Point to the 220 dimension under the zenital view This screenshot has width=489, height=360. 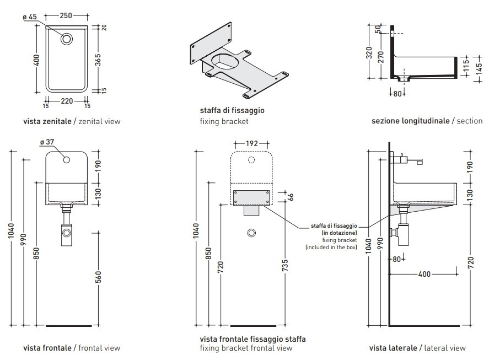[x=67, y=101]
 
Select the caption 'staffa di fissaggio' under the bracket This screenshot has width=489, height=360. [x=232, y=110]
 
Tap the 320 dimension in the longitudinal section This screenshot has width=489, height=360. [x=369, y=53]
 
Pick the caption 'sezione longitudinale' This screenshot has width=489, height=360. [x=410, y=121]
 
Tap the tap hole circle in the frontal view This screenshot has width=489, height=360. [x=67, y=160]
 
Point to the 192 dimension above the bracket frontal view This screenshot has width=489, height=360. [x=251, y=143]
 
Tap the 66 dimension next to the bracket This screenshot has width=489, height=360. [x=292, y=196]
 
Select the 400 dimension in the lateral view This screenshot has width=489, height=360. [x=425, y=274]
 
